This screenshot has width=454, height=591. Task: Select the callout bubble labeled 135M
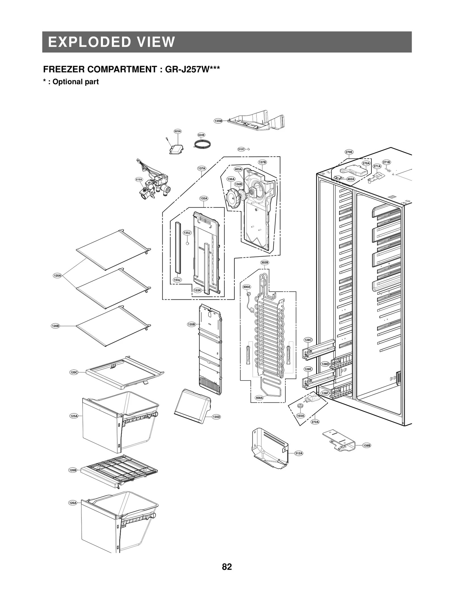(218, 121)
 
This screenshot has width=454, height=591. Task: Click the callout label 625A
(178, 131)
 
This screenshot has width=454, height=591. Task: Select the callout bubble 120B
(55, 326)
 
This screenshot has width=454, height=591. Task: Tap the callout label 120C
(74, 372)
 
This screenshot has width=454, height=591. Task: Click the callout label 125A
(74, 416)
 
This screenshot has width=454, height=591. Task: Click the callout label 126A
(73, 503)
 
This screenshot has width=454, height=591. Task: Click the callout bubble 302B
(264, 263)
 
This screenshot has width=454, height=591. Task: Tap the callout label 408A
(259, 398)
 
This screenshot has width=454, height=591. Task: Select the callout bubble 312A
(299, 453)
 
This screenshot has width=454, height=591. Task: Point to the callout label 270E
(349, 152)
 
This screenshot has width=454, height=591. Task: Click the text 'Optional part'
(75, 82)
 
